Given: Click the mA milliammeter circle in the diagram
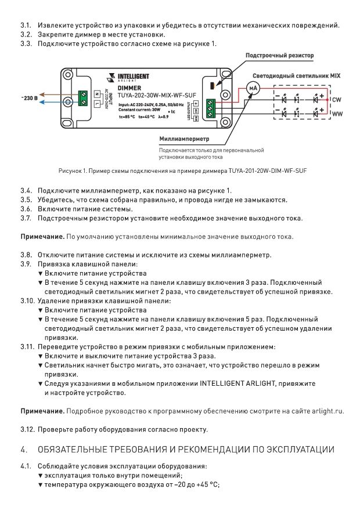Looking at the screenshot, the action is (253, 88).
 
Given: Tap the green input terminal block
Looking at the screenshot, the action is (83, 99).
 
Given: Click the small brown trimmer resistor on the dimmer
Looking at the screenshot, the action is (212, 85).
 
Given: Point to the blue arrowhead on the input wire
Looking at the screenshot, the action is (42, 102).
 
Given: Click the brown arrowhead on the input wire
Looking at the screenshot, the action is (42, 95).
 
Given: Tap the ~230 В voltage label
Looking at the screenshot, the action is (29, 97).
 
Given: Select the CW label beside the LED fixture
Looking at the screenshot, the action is (336, 100).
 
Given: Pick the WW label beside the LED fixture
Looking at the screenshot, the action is (337, 114).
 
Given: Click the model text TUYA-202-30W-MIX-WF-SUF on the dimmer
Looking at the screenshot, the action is (157, 95).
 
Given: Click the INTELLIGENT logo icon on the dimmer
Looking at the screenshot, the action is (111, 77).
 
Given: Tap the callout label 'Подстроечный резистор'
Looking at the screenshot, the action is (279, 55).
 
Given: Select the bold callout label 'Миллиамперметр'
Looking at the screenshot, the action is (184, 139).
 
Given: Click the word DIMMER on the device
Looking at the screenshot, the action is (129, 88).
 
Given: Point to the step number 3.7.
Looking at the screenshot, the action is (26, 218).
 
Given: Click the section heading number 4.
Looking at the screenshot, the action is (24, 450).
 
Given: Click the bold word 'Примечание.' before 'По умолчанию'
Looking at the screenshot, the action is (43, 237).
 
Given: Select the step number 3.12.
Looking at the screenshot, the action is (27, 429).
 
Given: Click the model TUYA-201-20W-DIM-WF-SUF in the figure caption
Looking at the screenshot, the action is (268, 171).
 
